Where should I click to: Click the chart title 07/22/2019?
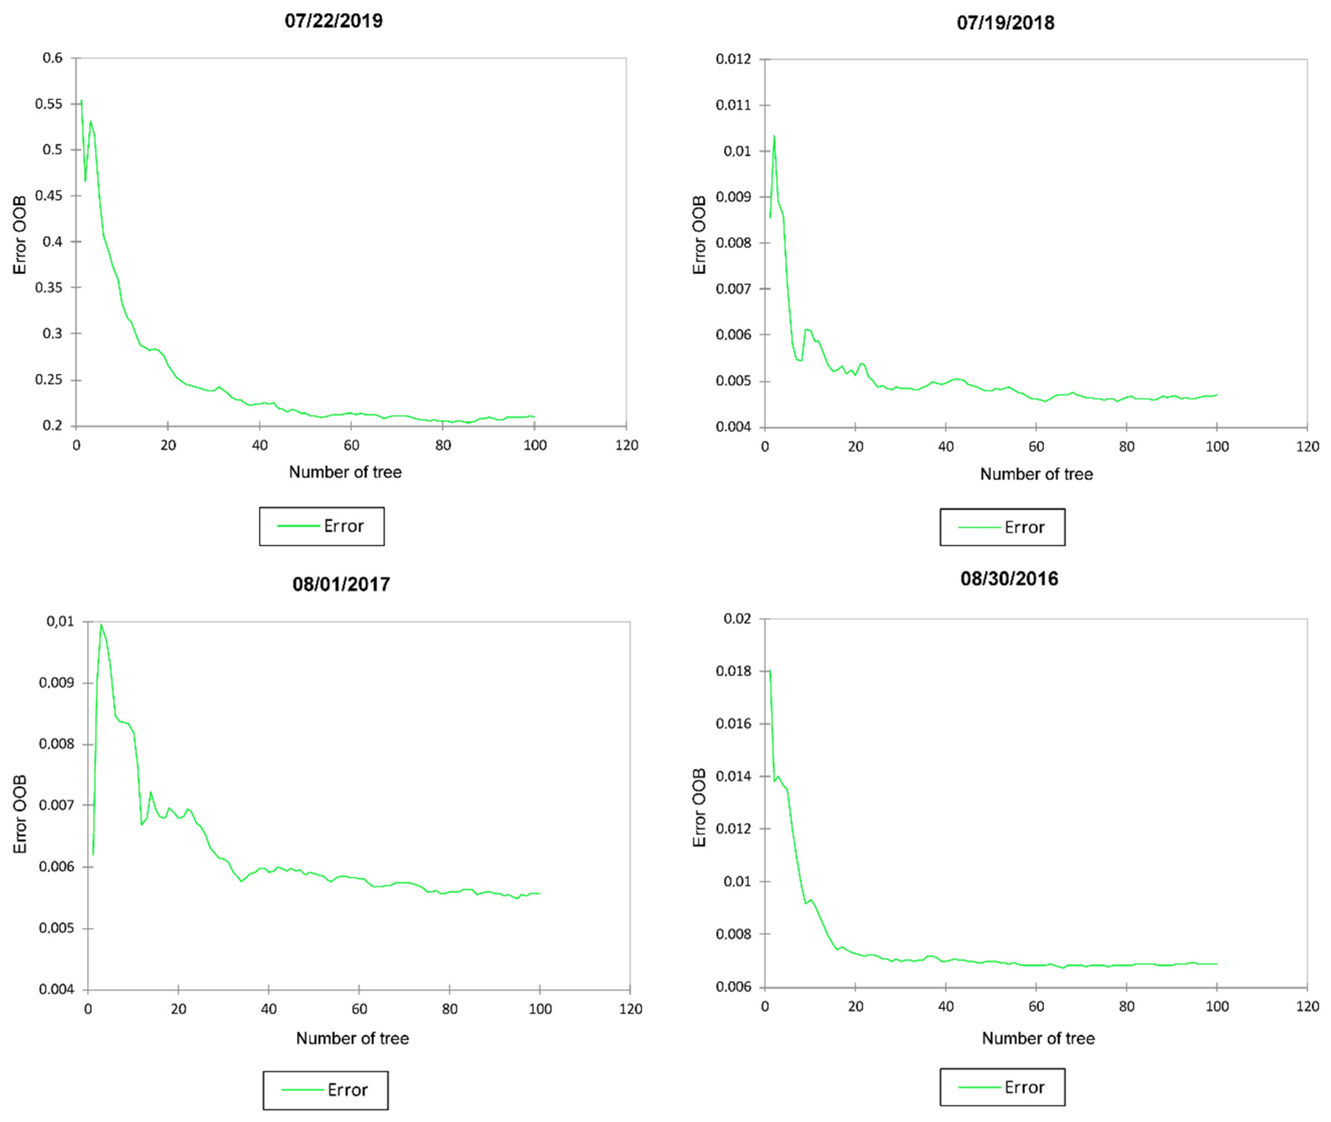[333, 21]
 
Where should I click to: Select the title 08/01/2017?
[341, 584]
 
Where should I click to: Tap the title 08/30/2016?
[1008, 578]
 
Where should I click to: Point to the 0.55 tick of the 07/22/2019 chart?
[49, 104]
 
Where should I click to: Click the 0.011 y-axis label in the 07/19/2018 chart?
[733, 105]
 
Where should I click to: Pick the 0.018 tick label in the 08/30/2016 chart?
[733, 671]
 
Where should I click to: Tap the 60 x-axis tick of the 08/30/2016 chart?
[1036, 1006]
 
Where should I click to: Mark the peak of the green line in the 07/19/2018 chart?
[774, 136]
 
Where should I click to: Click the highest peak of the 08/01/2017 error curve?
[101, 625]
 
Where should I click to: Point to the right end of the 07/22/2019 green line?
[534, 417]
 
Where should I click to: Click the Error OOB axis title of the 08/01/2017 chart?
[20, 814]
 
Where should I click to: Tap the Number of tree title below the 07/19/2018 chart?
[1035, 474]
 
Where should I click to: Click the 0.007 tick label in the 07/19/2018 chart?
[733, 289]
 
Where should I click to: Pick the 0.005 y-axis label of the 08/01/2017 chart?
[57, 928]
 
